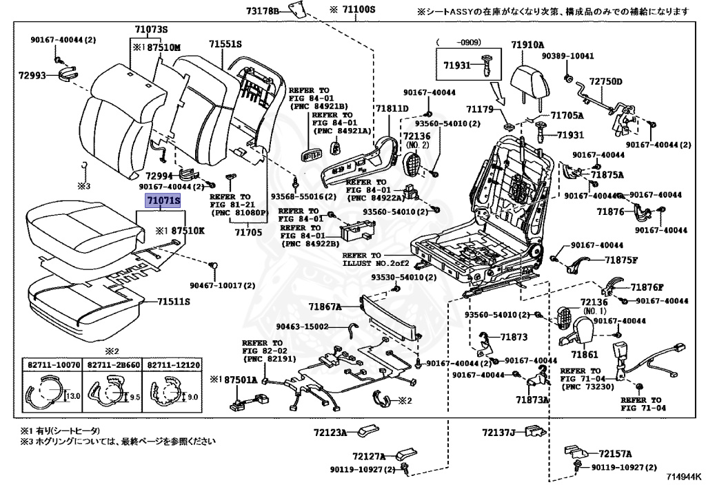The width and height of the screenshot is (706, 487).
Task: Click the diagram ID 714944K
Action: click(685, 477)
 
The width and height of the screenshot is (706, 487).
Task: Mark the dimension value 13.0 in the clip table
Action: click(74, 395)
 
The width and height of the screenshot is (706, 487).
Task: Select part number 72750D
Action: click(606, 82)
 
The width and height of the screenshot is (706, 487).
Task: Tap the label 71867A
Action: click(325, 307)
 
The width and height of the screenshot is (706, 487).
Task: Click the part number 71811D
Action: click(392, 109)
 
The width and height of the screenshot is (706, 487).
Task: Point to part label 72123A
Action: click(330, 433)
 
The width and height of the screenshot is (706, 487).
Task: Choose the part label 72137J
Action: click(499, 433)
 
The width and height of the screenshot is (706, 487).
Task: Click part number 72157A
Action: click(616, 453)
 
